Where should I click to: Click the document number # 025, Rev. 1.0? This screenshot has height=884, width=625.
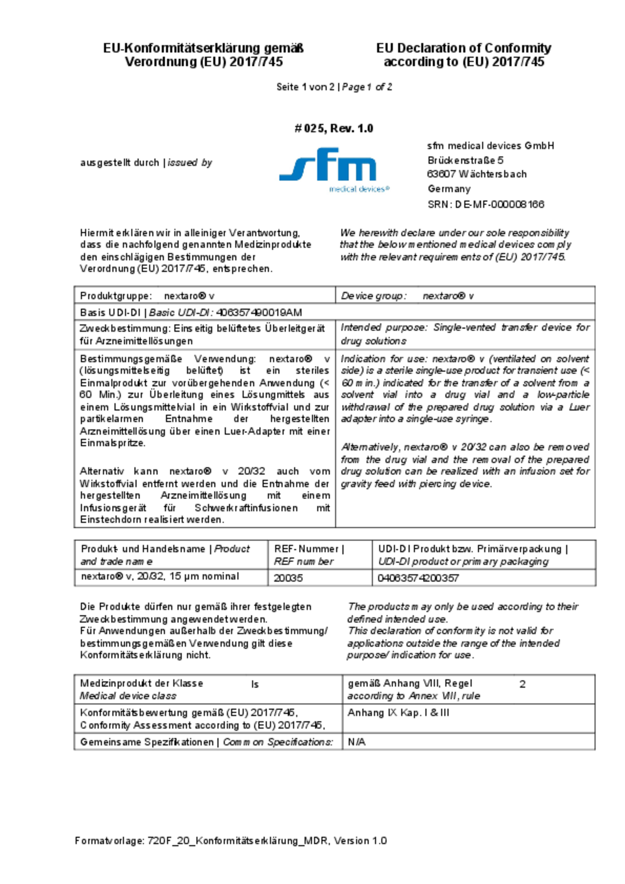pyautogui.click(x=334, y=128)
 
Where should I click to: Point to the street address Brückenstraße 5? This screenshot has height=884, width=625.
pyautogui.click(x=465, y=160)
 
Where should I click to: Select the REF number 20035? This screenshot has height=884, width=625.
pyautogui.click(x=288, y=578)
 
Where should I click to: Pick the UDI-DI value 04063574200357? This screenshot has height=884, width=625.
pyautogui.click(x=418, y=578)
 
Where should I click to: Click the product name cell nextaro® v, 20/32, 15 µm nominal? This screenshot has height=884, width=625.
pyautogui.click(x=160, y=576)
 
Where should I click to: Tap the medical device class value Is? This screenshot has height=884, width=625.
pyautogui.click(x=255, y=684)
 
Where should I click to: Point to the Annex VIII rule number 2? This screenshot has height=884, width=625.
pyautogui.click(x=522, y=684)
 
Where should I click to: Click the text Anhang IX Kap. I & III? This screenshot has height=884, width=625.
pyautogui.click(x=398, y=713)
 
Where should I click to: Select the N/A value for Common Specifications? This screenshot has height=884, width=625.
pyautogui.click(x=356, y=742)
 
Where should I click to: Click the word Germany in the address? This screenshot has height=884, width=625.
pyautogui.click(x=449, y=189)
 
